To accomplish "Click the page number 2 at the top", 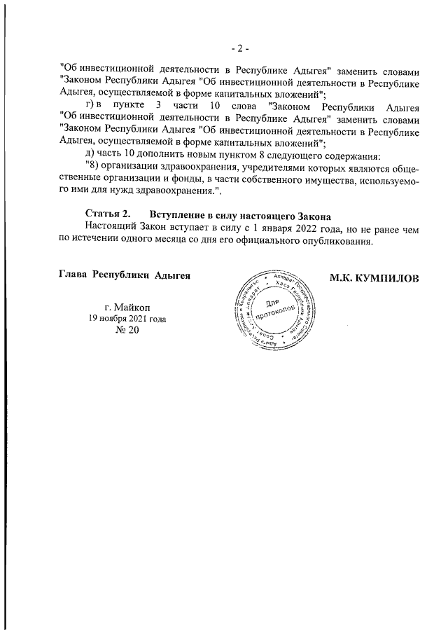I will point(240,48).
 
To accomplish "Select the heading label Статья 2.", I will point(107,213).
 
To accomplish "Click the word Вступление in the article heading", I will point(175,213).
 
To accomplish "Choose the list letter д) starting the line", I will point(89,153).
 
